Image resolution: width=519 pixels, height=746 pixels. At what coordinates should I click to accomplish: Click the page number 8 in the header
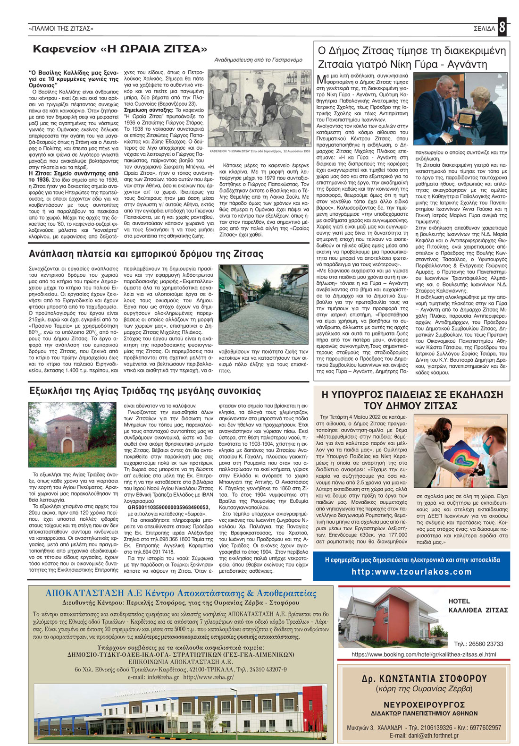point(502,28)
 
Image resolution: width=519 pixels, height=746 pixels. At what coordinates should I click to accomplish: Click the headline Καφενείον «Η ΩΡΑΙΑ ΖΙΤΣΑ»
point(120,49)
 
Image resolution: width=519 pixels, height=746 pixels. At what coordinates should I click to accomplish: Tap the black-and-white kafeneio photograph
point(260,108)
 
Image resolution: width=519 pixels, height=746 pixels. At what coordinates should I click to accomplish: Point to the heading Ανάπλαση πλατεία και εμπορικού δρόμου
point(146,254)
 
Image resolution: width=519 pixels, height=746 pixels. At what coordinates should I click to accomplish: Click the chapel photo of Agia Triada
point(72,434)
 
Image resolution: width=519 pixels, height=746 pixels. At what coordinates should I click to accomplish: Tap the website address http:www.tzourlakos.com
point(411,572)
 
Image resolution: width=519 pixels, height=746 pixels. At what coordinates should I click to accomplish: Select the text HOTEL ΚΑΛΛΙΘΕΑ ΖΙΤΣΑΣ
point(477,605)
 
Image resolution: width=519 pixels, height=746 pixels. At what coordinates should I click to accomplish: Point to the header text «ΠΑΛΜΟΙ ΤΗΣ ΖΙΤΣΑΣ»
point(61,29)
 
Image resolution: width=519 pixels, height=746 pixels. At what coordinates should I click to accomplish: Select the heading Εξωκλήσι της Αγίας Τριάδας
point(145,391)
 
